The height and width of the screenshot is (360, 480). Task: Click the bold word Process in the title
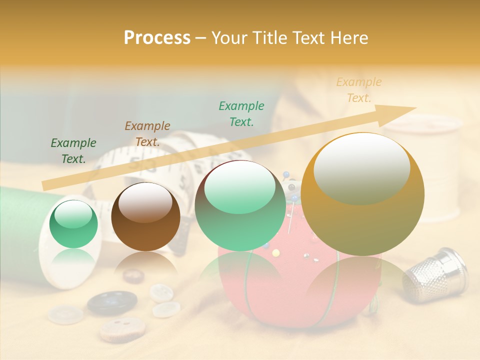pos(157,38)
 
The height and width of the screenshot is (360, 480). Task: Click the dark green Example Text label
pos(73,151)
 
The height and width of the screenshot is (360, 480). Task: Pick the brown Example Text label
pos(147,134)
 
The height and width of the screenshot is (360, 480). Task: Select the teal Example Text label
pos(241,113)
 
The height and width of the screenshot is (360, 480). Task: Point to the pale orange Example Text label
pos(359,90)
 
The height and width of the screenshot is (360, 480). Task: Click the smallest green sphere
pos(74,224)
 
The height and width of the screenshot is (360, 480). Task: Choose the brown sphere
pos(145,216)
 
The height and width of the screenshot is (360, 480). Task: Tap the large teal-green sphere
pos(240,205)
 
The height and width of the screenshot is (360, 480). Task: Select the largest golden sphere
pos(362,194)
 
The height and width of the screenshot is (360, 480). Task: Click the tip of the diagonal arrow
pos(415,107)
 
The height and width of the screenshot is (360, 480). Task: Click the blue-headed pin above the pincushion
pos(286,174)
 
